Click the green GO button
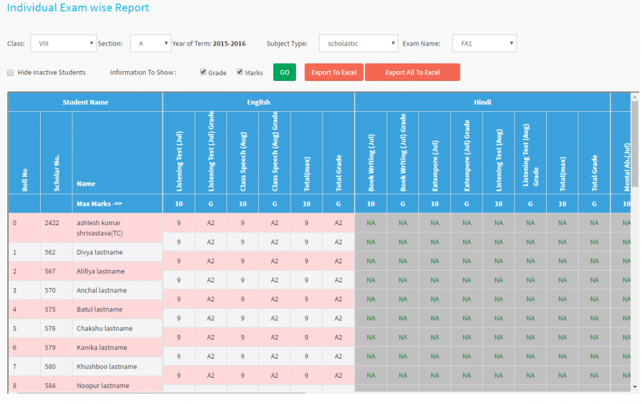284,73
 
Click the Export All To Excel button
412,73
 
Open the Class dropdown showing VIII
63,44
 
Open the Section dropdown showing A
150,44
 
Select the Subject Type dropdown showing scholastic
358,44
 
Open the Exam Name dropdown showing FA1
484,44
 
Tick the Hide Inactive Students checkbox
10,73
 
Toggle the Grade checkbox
204,72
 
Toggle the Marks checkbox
240,72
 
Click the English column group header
259,102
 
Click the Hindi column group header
483,102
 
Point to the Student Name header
86,102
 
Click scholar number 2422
52,224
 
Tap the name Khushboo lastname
107,367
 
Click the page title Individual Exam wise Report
78,8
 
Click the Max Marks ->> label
99,204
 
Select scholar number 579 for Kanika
50,347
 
